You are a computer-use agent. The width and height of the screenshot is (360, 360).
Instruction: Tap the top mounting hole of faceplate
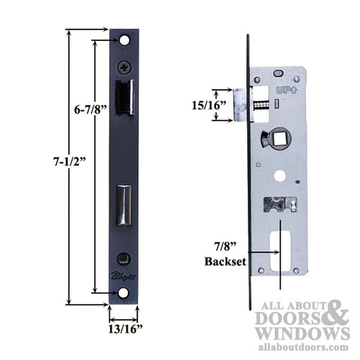[x=123, y=40]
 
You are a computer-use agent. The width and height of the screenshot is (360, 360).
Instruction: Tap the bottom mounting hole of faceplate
[x=123, y=293]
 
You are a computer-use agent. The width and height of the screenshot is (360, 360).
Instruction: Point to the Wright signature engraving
[x=123, y=275]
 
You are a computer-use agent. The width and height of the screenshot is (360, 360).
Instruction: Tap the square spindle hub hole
[x=276, y=137]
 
